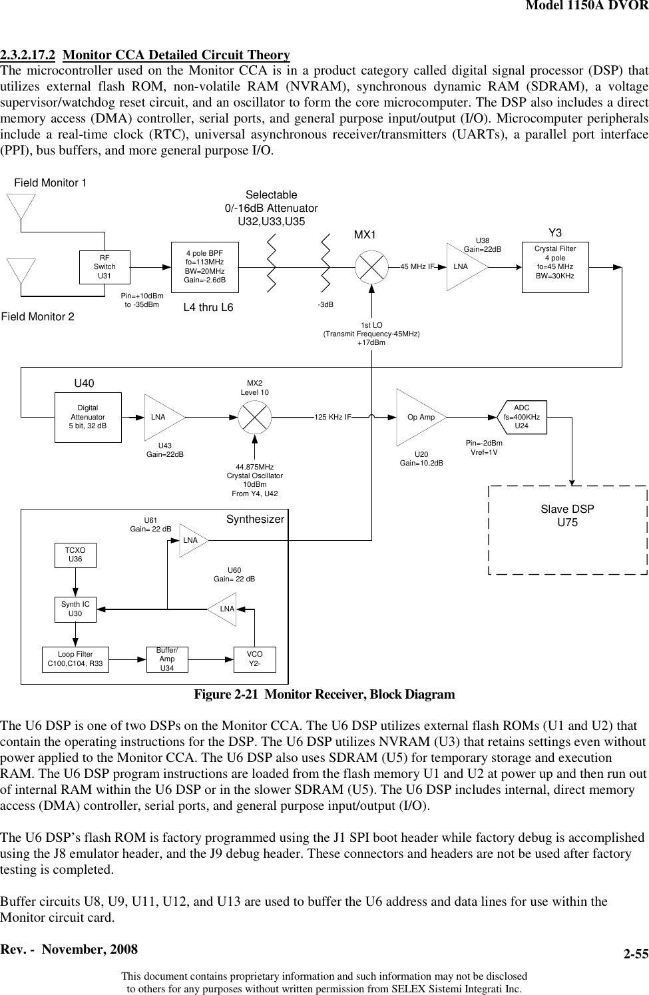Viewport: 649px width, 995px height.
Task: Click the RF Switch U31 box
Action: pyautogui.click(x=105, y=266)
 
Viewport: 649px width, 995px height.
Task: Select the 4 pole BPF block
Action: pyautogui.click(x=205, y=266)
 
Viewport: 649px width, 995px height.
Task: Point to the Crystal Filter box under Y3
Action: pyautogui.click(x=555, y=266)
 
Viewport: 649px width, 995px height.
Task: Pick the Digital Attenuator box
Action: pyautogui.click(x=87, y=417)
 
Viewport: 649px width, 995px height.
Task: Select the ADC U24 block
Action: pyautogui.click(x=522, y=418)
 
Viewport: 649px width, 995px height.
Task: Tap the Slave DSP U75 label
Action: pyautogui.click(x=567, y=515)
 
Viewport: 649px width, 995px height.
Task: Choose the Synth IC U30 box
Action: pyautogui.click(x=75, y=609)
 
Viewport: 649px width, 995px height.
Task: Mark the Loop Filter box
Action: pyautogui.click(x=75, y=659)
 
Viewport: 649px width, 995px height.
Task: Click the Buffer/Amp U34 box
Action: pyautogui.click(x=167, y=659)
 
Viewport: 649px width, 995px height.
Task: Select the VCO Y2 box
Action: pyautogui.click(x=254, y=659)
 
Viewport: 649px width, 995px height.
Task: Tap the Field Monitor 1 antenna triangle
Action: pyautogui.click(x=22, y=206)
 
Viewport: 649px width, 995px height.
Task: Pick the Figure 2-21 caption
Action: pyautogui.click(x=324, y=695)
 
